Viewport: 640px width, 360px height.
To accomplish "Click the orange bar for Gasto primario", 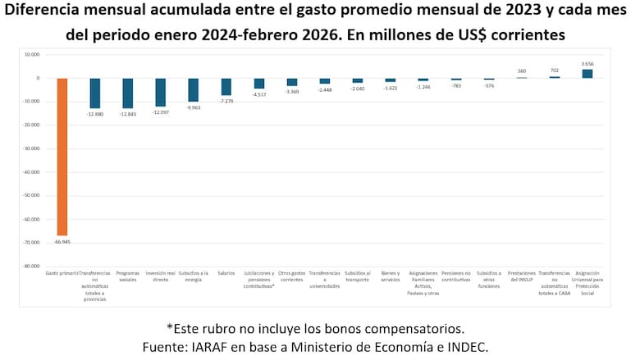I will [x=62, y=156].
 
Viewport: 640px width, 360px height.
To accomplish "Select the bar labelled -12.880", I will [x=94, y=93].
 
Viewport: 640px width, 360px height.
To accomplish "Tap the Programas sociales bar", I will [x=127, y=93].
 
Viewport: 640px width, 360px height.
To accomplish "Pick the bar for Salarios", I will [x=226, y=86].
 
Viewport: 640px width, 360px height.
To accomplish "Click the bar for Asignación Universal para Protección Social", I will [x=587, y=73].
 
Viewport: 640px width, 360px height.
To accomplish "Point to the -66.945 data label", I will [x=62, y=243].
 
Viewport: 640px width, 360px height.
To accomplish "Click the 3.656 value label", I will [x=587, y=64].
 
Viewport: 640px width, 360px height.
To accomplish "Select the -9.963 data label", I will [x=193, y=107].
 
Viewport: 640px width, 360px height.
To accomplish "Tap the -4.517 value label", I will [x=258, y=94].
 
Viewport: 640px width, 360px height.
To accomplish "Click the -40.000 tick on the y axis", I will [x=31, y=172].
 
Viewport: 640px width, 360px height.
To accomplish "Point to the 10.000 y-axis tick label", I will [x=32, y=55].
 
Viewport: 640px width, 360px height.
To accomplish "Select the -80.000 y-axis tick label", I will [x=31, y=267].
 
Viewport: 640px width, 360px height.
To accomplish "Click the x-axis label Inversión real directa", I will [x=160, y=276].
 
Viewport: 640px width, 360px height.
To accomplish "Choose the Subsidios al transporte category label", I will [x=358, y=276].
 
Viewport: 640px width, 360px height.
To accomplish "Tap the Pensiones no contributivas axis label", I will [x=456, y=276].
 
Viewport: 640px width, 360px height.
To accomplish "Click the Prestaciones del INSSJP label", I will [x=522, y=276].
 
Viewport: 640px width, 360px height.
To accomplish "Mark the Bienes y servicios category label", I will [x=391, y=276].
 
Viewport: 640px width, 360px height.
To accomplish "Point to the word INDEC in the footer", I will [x=466, y=347].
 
